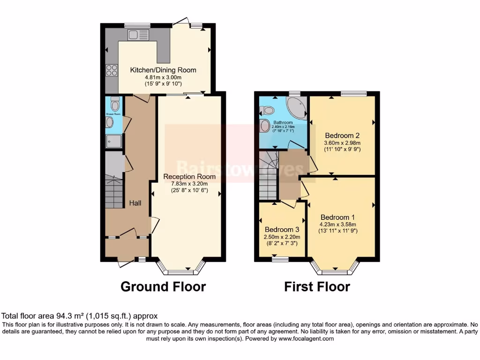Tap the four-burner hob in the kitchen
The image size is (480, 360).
pos(112,70)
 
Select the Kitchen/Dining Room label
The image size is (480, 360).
pos(163,70)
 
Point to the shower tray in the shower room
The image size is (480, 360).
pos(113,141)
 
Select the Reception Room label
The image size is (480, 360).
pos(189,177)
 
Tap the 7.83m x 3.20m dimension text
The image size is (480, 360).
pos(189,184)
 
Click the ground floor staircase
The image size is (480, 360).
pos(114,191)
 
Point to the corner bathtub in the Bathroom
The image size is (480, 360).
pos(296,108)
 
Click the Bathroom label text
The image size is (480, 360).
pos(283,122)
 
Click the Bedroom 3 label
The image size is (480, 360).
pos(282,230)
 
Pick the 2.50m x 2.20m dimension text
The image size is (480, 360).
pos(282,237)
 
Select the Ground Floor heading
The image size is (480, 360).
pos(163,286)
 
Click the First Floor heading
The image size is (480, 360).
pos(317,286)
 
